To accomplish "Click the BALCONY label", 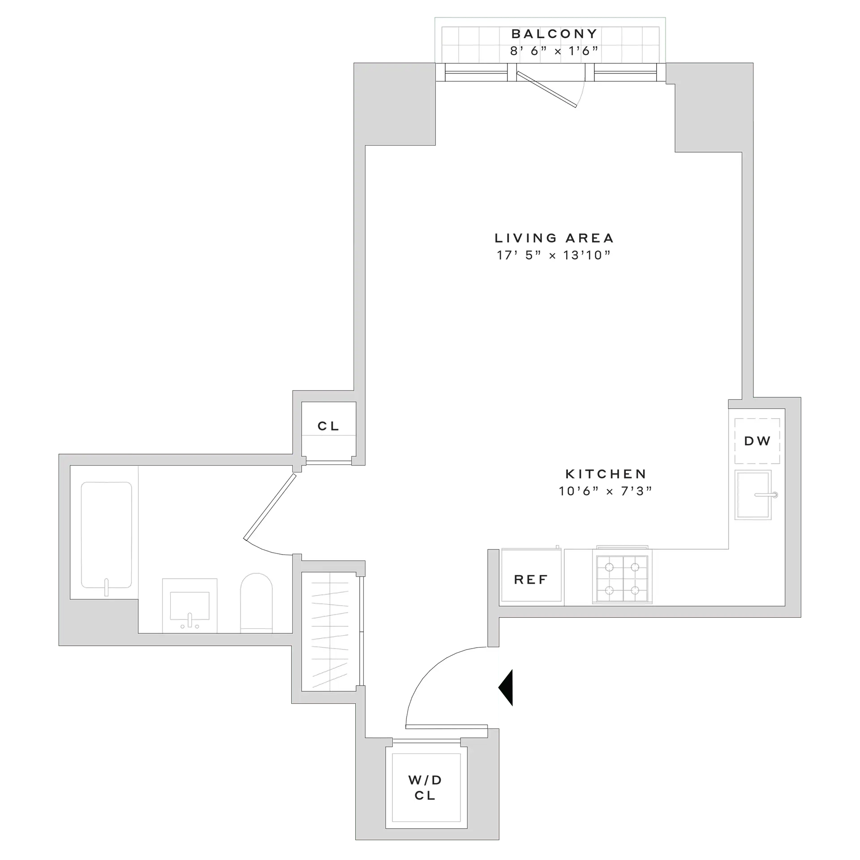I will [x=554, y=34].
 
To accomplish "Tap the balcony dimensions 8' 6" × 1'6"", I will [x=554, y=51].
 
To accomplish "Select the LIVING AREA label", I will [x=554, y=238].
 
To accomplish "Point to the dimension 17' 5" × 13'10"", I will [x=554, y=255].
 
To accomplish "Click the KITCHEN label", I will [x=606, y=474].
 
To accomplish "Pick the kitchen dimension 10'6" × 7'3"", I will [x=606, y=491].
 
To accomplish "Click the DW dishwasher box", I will [x=757, y=441].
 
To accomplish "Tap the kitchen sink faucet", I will [x=767, y=495].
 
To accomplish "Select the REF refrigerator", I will [x=531, y=580].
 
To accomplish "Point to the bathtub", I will [x=106, y=535].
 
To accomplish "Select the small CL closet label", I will [x=329, y=426].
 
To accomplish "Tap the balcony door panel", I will [x=546, y=90].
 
